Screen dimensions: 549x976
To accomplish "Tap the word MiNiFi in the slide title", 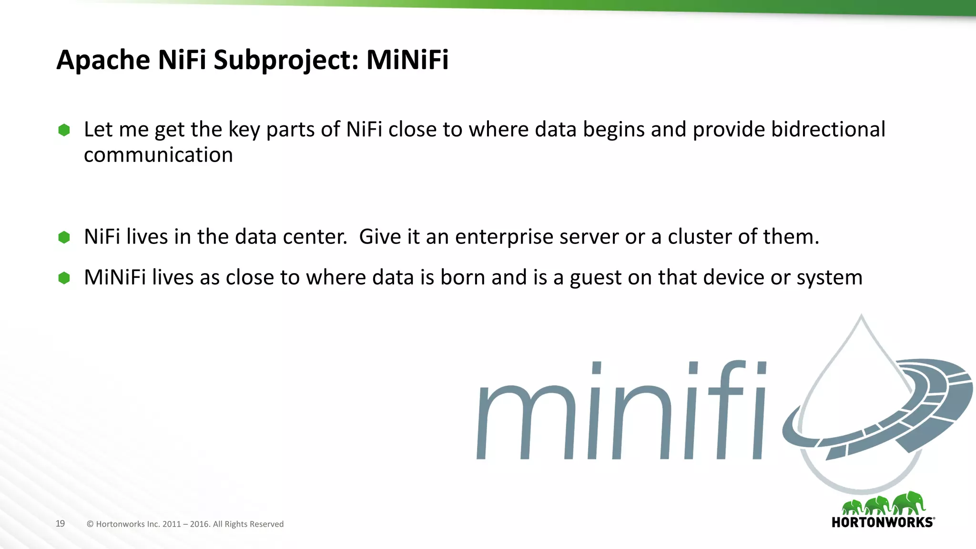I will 407,61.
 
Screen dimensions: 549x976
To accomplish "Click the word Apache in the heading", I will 103,61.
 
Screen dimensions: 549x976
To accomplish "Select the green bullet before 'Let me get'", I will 64,130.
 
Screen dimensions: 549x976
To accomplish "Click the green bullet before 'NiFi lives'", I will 64,237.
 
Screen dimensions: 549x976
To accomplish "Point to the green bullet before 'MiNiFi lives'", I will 64,278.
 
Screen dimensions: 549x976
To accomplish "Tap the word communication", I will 158,155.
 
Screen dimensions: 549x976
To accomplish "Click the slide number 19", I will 60,523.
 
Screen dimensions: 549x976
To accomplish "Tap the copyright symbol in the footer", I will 90,524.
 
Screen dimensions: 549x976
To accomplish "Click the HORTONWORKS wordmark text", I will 883,522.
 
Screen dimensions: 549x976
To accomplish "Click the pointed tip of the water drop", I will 861,316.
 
